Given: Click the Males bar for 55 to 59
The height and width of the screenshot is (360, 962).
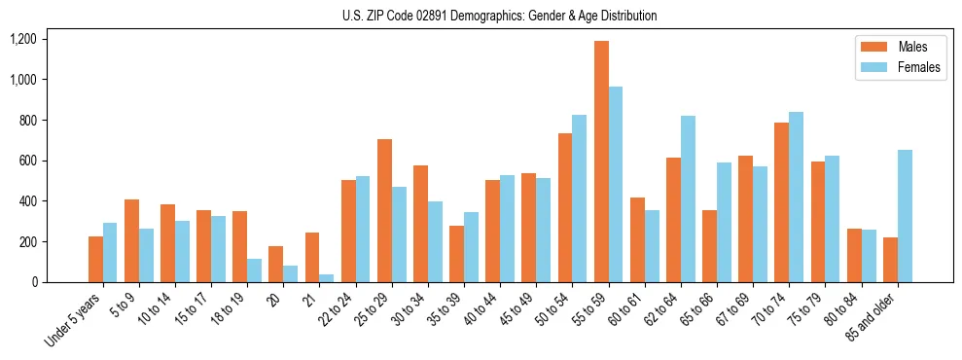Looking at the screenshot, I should point(601,162).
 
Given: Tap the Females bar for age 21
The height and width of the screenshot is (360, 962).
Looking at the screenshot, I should point(327,278).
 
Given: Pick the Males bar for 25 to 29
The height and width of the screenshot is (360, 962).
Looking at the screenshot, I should point(384,210).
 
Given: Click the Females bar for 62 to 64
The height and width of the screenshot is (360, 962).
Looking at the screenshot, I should point(689,198).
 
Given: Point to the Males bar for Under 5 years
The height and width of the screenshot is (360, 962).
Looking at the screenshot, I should point(95,259).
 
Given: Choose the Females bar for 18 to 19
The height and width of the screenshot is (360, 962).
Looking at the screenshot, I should point(254,270).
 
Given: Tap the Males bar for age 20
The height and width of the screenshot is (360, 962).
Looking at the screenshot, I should point(276,264).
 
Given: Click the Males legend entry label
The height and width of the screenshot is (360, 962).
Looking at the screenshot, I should point(912,47).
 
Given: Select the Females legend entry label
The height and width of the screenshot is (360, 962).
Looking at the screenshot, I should point(919,68).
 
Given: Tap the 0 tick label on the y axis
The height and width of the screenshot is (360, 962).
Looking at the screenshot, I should point(35,282).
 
